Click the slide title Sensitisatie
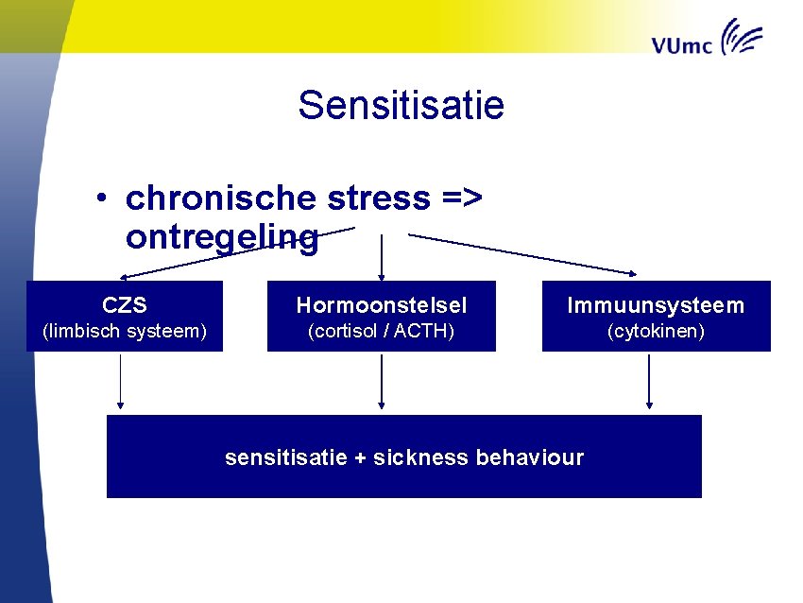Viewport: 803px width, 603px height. click(x=401, y=105)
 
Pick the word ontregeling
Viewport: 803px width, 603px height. click(x=221, y=238)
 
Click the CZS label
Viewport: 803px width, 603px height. click(x=125, y=305)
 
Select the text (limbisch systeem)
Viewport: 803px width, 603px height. click(x=125, y=332)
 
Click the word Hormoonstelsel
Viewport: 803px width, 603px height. click(x=382, y=305)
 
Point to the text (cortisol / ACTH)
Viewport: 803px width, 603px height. click(x=382, y=332)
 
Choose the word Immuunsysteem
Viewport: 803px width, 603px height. click(x=656, y=305)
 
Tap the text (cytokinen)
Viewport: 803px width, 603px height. click(x=656, y=332)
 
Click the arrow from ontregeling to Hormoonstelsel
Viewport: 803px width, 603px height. click(x=381, y=257)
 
